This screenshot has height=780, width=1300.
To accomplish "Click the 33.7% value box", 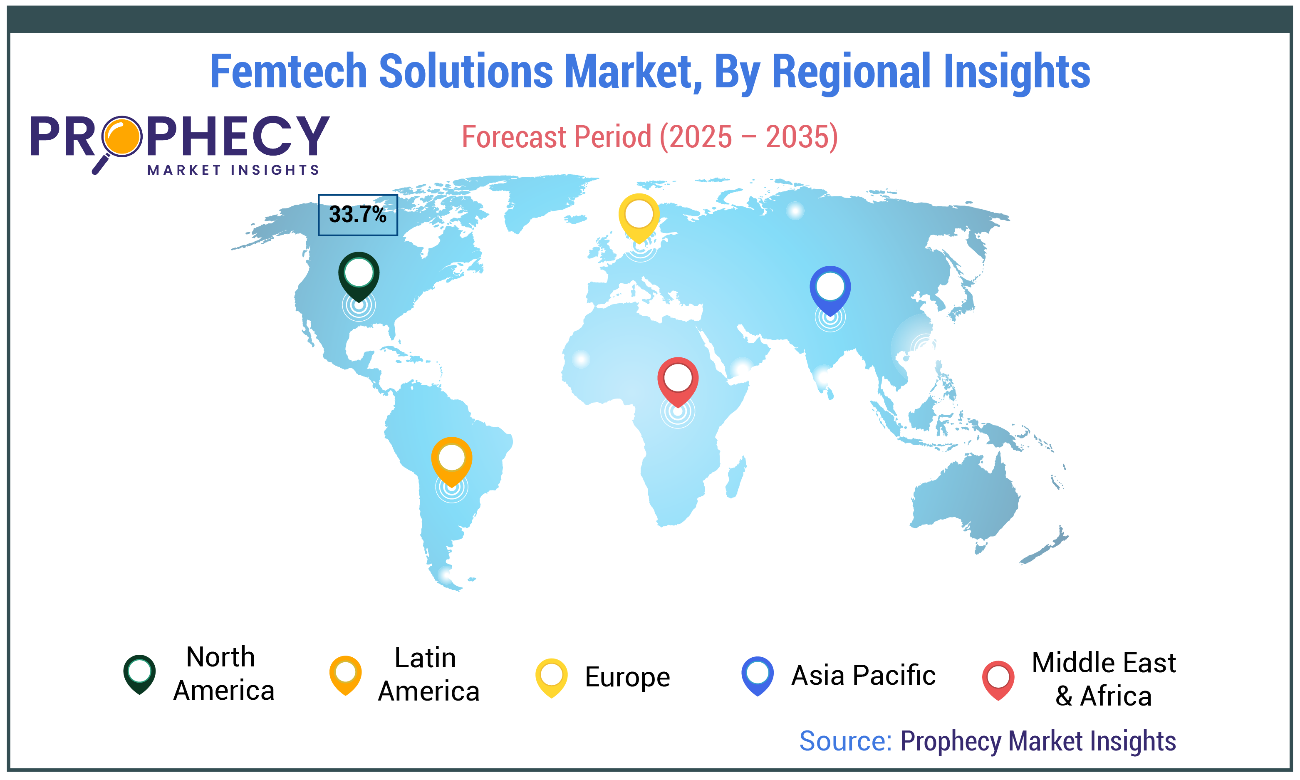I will pyautogui.click(x=357, y=215).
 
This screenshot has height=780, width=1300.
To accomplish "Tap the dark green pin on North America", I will pyautogui.click(x=358, y=275).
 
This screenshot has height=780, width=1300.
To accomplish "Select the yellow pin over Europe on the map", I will pyautogui.click(x=639, y=217).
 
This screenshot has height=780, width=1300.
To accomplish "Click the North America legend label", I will pyautogui.click(x=223, y=674).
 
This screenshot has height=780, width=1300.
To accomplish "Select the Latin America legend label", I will pyautogui.click(x=428, y=674).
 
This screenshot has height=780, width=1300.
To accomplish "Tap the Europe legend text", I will pyautogui.click(x=627, y=676).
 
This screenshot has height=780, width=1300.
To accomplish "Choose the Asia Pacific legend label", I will pyautogui.click(x=863, y=676).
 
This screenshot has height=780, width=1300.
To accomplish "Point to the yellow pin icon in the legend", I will pyautogui.click(x=551, y=677).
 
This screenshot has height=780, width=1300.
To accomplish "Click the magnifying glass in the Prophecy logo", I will pyautogui.click(x=121, y=138).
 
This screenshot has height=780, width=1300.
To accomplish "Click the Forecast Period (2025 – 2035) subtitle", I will pyautogui.click(x=649, y=137).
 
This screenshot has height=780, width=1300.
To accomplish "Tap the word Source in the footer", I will pyautogui.click(x=845, y=741).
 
